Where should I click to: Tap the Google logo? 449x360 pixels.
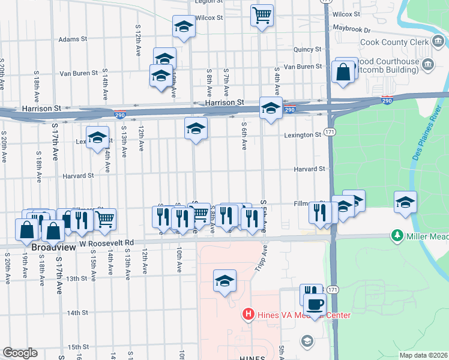[x=20, y=353]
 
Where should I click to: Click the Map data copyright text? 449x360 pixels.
[x=423, y=355]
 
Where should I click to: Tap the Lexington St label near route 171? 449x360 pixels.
[x=303, y=135]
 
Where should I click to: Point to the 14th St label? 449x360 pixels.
[x=77, y=313]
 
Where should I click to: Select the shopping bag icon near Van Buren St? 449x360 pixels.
[x=342, y=73]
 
